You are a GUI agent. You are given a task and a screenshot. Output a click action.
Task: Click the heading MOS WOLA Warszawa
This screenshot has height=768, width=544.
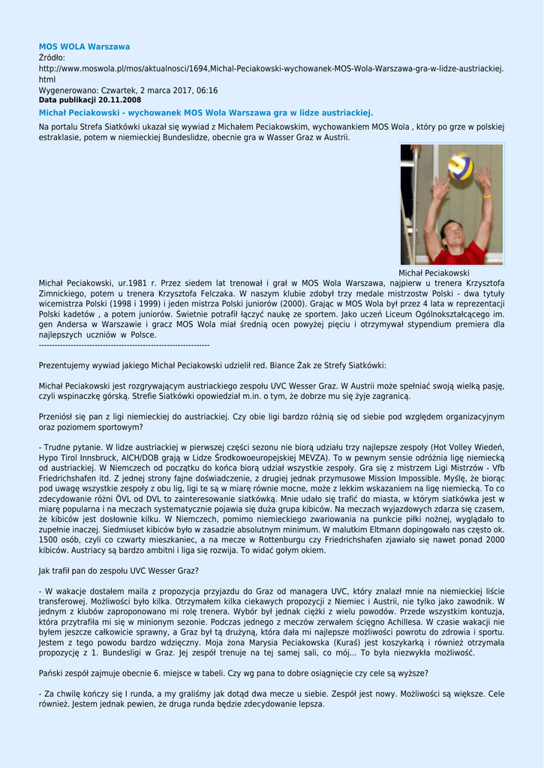[84, 46]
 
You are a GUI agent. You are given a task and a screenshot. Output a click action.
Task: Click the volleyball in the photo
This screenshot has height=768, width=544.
[460, 166]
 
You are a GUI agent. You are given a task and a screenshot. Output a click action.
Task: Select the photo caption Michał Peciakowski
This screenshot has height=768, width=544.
[434, 273]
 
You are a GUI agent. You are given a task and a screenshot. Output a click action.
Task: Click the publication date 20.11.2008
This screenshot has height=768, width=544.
[120, 100]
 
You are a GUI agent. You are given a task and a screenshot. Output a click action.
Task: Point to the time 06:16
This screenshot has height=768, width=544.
[205, 90]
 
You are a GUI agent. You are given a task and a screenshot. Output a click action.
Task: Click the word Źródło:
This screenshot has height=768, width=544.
[52, 57]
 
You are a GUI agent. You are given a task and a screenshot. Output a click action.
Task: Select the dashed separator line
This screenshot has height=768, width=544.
[124, 344]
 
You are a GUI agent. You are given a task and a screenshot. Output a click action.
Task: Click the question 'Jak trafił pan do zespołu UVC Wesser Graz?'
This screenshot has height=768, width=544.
[119, 571]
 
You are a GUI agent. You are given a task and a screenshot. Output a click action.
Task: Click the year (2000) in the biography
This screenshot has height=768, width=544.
[289, 304]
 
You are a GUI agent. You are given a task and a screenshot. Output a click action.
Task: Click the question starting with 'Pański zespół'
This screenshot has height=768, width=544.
[233, 673]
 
